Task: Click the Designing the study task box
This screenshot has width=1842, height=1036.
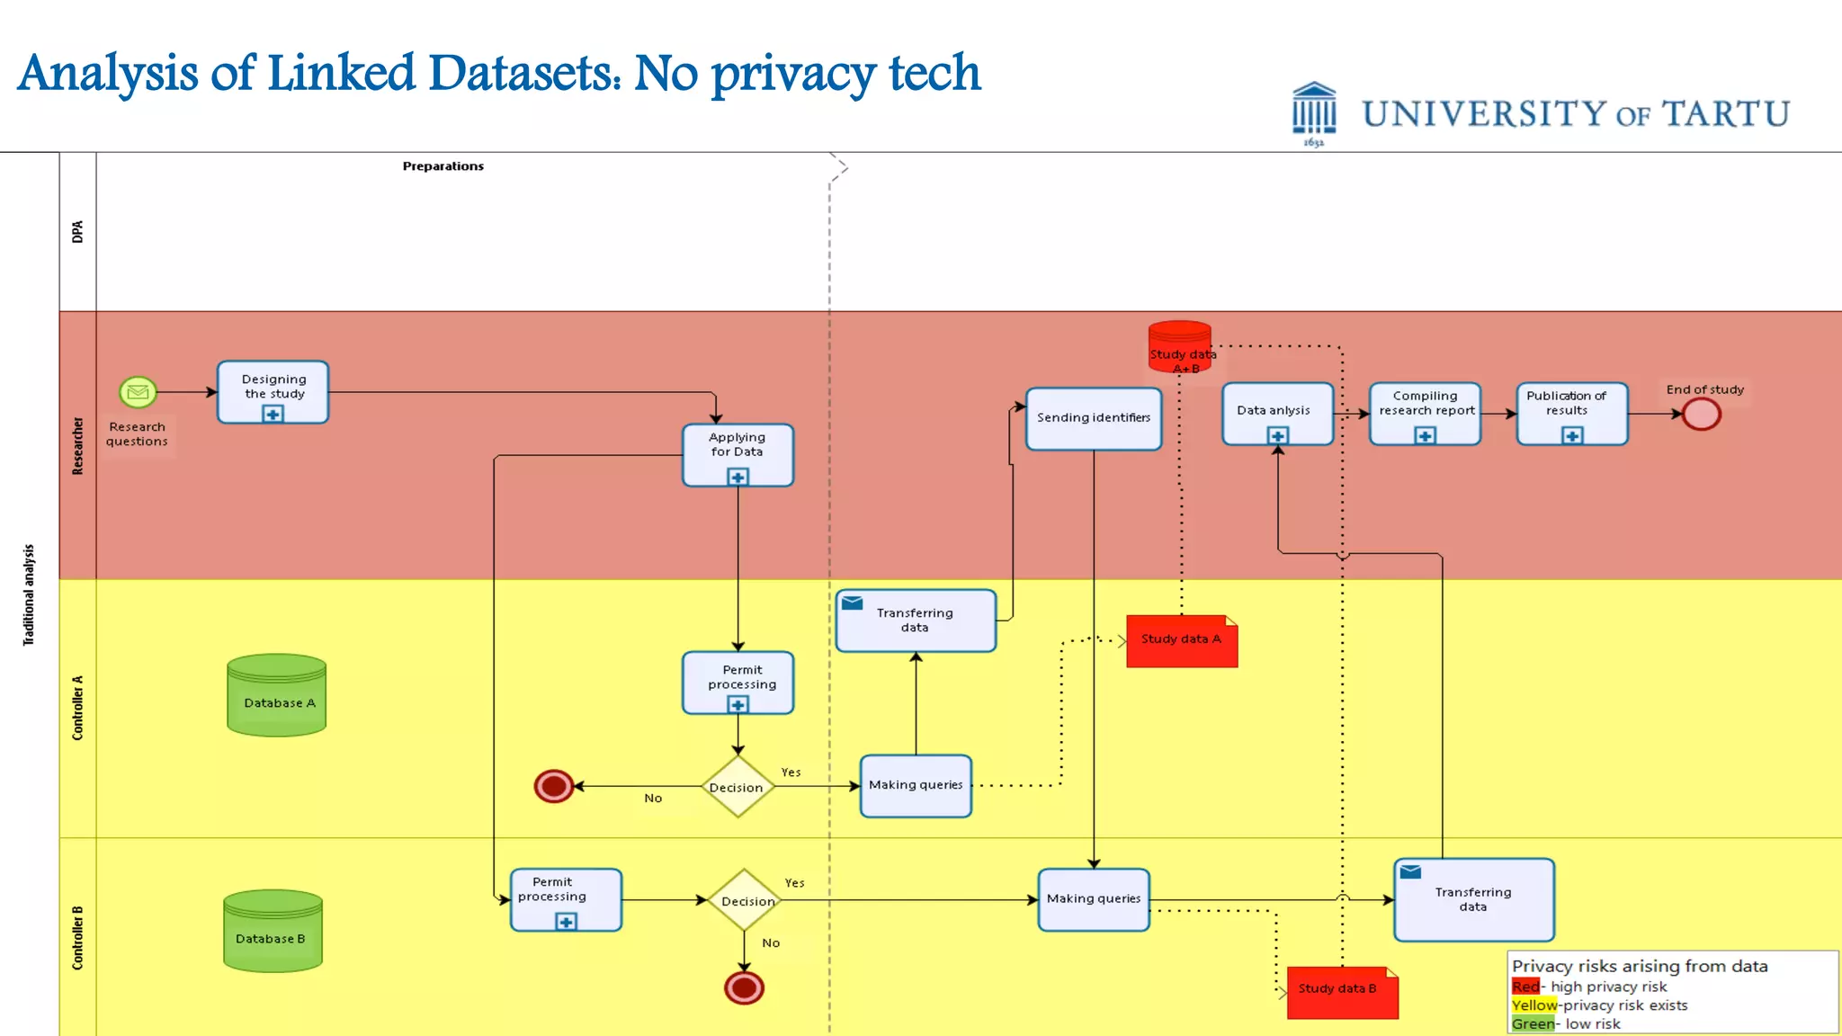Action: pyautogui.click(x=273, y=391)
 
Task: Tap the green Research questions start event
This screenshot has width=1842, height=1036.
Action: pyautogui.click(x=138, y=392)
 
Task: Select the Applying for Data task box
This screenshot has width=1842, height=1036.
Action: pyautogui.click(x=738, y=454)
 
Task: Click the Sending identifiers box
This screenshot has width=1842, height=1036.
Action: pyautogui.click(x=1093, y=418)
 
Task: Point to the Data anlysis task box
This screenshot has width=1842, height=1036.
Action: pyautogui.click(x=1276, y=413)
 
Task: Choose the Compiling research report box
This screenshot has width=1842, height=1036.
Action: pyautogui.click(x=1425, y=413)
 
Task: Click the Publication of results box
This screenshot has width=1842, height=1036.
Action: pyautogui.click(x=1571, y=413)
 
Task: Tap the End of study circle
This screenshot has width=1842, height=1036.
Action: pyautogui.click(x=1701, y=415)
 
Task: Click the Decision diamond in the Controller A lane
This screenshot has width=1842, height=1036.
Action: pyautogui.click(x=738, y=787)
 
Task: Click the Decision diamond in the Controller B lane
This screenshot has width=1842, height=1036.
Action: pyautogui.click(x=745, y=900)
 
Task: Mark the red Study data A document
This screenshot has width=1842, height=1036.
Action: pyautogui.click(x=1181, y=641)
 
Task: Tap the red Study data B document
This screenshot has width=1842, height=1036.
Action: pyautogui.click(x=1341, y=992)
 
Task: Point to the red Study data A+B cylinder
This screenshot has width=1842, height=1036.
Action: pyautogui.click(x=1179, y=346)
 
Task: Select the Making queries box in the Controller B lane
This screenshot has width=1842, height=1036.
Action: pyautogui.click(x=1093, y=899)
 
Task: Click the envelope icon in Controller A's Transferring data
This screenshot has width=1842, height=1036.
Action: pyautogui.click(x=853, y=603)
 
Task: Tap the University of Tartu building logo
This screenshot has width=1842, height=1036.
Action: pyautogui.click(x=1314, y=113)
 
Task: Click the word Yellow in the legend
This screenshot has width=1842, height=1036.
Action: pyautogui.click(x=1534, y=1005)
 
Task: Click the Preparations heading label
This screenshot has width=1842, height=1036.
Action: pyautogui.click(x=443, y=166)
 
